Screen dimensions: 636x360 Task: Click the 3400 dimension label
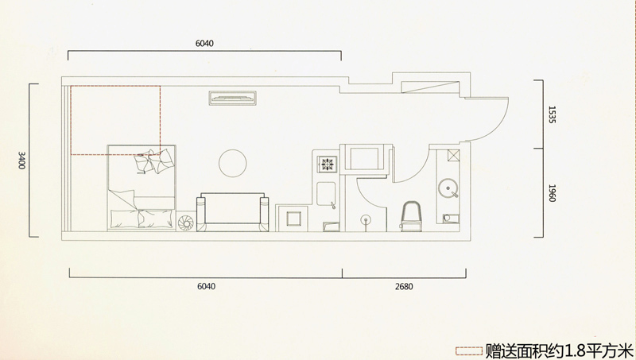tap(22, 161)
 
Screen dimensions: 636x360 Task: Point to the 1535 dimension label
tap(552, 114)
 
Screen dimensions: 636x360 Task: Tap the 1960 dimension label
tap(552, 193)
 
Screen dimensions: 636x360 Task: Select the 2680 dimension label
tap(404, 287)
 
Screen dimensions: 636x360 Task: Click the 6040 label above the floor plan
tap(204, 44)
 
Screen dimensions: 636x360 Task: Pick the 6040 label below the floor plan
tap(207, 286)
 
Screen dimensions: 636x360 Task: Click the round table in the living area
tap(233, 164)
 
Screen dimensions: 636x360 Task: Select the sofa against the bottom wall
tap(232, 212)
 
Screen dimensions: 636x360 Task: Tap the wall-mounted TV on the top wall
tap(233, 98)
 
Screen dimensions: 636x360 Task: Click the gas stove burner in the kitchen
tap(327, 164)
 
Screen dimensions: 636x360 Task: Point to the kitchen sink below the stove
tap(326, 195)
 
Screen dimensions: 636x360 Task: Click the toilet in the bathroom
tap(411, 216)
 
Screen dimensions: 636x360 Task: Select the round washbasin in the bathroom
tap(448, 188)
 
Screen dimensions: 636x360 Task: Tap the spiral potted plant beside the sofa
tap(186, 223)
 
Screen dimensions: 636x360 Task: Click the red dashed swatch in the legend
tap(468, 351)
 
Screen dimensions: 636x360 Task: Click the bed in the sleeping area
tap(142, 188)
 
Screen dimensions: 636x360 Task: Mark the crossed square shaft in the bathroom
tap(454, 155)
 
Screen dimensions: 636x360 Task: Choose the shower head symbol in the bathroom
tap(366, 221)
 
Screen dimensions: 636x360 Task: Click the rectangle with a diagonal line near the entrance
tap(430, 87)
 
